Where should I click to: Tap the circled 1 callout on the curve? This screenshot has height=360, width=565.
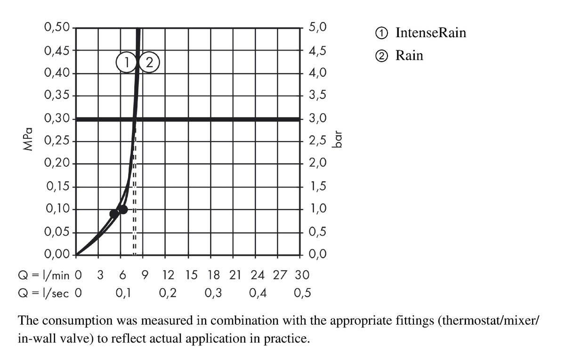click(126, 62)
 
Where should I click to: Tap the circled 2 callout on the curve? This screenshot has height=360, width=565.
click(150, 62)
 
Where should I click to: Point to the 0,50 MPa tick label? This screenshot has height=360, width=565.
click(56, 27)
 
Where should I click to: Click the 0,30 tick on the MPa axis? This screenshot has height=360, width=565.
click(56, 119)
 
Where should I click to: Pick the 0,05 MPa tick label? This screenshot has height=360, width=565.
click(56, 232)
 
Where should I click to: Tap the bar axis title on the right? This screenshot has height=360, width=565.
click(338, 140)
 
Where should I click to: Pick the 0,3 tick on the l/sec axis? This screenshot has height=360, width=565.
click(213, 293)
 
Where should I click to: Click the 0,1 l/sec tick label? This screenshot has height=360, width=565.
click(123, 293)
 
